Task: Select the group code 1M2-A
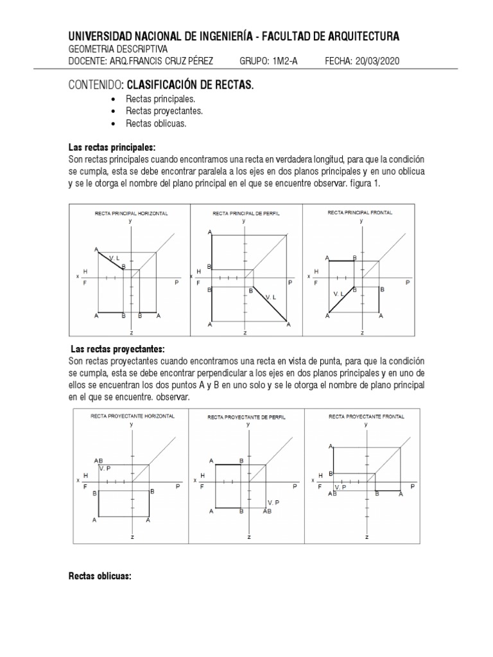pos(281,61)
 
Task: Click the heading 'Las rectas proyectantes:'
pos(117,349)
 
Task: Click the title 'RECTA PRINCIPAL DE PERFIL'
pos(246,212)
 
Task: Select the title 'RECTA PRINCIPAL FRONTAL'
pos(360,212)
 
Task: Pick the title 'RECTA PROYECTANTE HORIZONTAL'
pos(132,416)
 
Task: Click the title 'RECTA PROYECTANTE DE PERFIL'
pos(246,417)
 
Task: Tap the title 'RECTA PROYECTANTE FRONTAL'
pos(367,416)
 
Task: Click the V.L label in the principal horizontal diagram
pos(115,258)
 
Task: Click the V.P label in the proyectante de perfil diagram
pos(273,502)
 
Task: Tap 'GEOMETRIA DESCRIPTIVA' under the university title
pos(117,49)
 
